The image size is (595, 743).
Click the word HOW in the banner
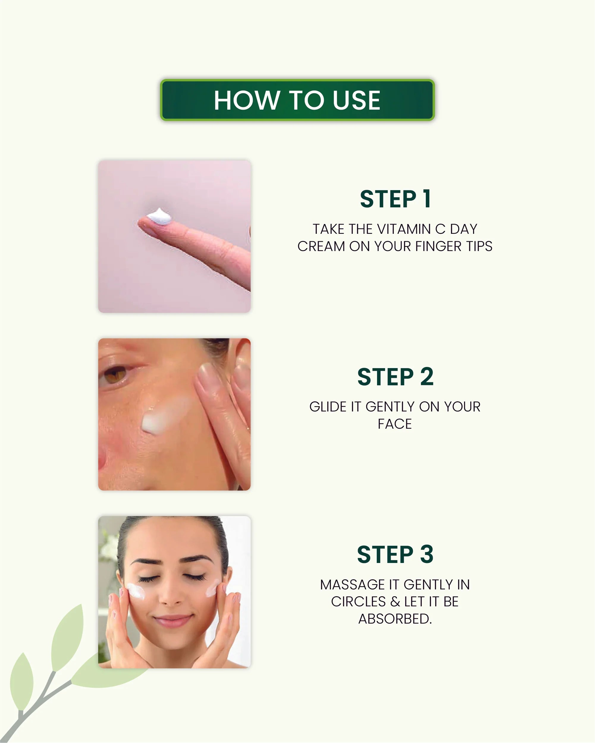[246, 100]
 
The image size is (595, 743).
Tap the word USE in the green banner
[356, 100]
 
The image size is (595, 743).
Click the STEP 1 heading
[395, 199]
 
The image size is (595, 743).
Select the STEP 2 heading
[395, 377]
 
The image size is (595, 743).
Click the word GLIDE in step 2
[328, 407]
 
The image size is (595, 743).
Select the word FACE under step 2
[395, 424]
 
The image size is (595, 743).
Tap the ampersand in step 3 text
[395, 602]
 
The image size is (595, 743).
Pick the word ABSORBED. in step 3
[395, 619]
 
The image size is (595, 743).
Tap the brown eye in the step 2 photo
[114, 375]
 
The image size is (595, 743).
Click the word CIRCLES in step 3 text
[358, 602]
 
